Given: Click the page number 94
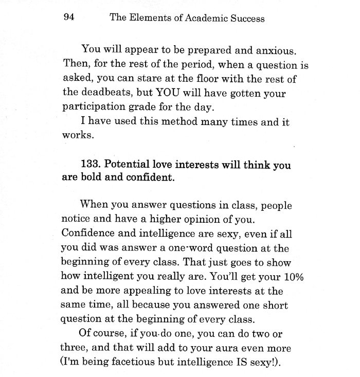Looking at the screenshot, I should (x=69, y=18).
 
